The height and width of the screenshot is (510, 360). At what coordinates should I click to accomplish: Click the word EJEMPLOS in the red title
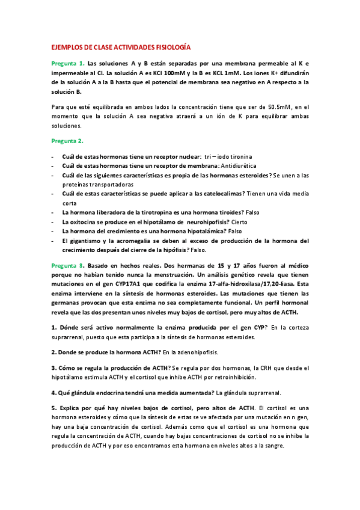pyautogui.click(x=66, y=46)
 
